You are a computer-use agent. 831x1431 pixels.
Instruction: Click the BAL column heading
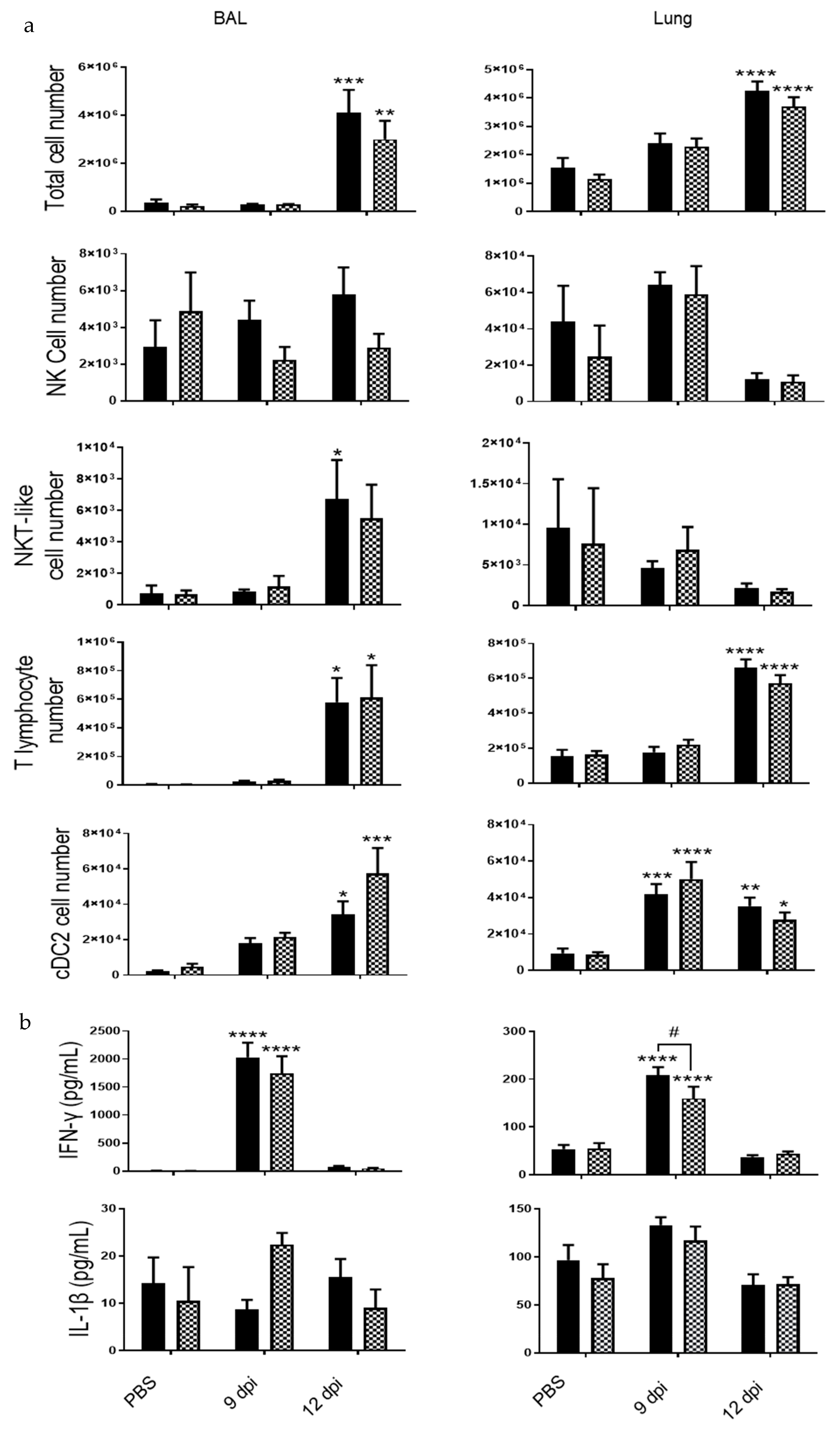pos(230,19)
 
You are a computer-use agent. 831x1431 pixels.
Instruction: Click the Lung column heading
pos(672,19)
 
